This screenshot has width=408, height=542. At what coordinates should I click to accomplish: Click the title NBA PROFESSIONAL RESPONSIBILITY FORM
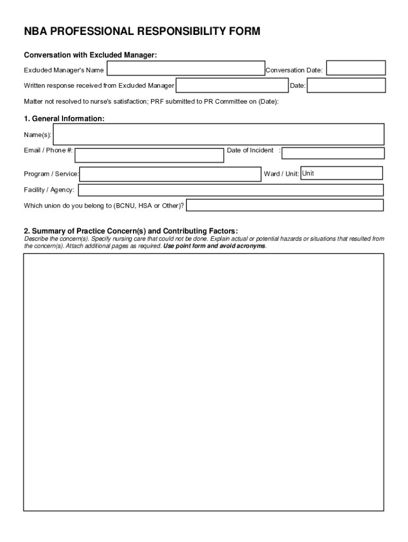coord(142,32)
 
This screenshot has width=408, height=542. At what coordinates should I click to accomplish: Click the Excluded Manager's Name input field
coord(185,69)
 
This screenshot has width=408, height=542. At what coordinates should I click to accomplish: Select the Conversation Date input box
coord(356,68)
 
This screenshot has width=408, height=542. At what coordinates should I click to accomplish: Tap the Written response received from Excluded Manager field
coord(232,86)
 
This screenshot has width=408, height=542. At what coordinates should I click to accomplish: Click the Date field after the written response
coord(347,86)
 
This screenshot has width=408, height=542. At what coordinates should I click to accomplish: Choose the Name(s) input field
coord(218,134)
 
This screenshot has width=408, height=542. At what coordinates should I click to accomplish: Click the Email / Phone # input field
coord(149,156)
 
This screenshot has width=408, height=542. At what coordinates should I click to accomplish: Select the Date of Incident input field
coord(333,153)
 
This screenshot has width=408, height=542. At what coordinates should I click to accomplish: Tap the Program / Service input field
coord(170,175)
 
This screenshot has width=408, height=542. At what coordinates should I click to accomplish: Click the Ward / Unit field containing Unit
coord(341,174)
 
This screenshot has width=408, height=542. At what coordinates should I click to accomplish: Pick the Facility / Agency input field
coord(230,190)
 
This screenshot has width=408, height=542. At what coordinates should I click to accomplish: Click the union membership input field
coord(285,205)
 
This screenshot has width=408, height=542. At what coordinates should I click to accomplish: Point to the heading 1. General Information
coord(64,119)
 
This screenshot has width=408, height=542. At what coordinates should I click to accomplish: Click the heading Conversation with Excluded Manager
coord(91,56)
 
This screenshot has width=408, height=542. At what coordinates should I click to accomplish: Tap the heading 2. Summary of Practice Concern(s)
coord(131,231)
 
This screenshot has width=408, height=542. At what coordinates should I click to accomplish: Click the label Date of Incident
coord(250,150)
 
